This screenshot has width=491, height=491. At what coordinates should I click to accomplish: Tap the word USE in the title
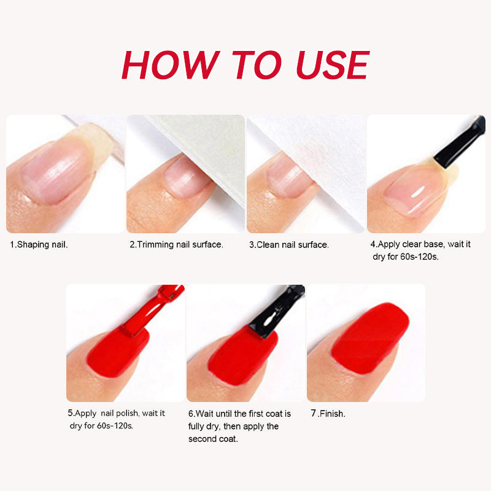(333, 65)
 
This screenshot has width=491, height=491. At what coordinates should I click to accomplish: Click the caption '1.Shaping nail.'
(39, 244)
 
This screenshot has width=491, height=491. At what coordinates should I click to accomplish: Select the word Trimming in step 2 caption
(155, 244)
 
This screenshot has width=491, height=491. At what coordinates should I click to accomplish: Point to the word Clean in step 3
(268, 244)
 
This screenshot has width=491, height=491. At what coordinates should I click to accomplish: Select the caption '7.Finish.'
(328, 413)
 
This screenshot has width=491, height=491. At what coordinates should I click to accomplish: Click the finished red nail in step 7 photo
(370, 338)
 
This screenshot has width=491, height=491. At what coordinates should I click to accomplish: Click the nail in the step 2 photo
(185, 177)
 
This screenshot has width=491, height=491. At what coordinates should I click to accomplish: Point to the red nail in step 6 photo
(242, 354)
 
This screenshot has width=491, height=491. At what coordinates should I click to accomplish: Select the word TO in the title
(257, 65)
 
